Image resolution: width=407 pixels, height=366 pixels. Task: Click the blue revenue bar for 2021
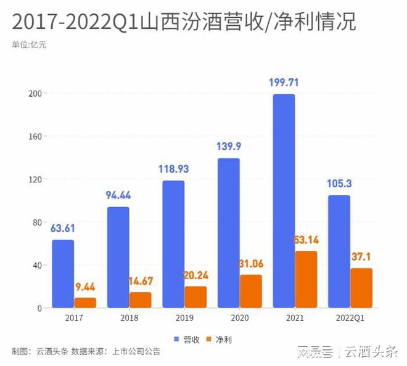[x=284, y=200]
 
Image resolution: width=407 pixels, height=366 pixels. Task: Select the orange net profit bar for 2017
[x=85, y=303]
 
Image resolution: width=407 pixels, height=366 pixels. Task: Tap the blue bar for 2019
[x=173, y=244]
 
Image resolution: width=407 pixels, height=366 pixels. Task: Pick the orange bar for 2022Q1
[x=361, y=288]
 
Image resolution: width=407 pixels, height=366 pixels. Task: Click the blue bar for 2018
[x=118, y=257]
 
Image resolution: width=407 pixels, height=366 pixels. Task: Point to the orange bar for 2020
[x=251, y=291]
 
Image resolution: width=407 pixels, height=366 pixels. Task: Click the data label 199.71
[x=284, y=82]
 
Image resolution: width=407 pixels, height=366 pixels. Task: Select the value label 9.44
[x=85, y=287]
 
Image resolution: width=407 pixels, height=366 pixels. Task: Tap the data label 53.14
[x=306, y=239]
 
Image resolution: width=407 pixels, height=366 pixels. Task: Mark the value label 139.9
[x=229, y=147]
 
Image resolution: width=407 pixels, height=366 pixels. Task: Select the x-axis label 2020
[x=240, y=318]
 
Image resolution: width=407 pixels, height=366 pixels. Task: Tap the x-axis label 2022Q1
[x=350, y=318]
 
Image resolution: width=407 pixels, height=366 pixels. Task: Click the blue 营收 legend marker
[x=177, y=339]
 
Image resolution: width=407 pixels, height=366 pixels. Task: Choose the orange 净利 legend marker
[x=208, y=339]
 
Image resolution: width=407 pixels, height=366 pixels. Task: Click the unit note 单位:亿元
[x=29, y=44]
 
